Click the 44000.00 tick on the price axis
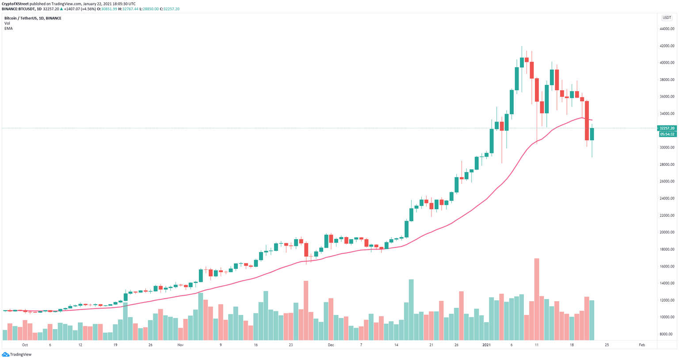(x=667, y=29)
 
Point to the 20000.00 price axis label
(x=667, y=233)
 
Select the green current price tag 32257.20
(x=667, y=128)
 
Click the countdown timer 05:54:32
(x=667, y=134)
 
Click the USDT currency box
(x=666, y=18)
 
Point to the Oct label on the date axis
(x=25, y=345)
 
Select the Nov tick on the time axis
(x=180, y=345)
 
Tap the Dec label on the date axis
(x=331, y=345)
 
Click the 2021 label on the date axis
(x=486, y=345)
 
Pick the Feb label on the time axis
(x=642, y=345)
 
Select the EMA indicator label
(x=8, y=28)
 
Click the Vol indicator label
(x=7, y=23)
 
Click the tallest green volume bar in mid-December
(x=411, y=310)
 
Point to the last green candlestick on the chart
(x=592, y=134)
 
